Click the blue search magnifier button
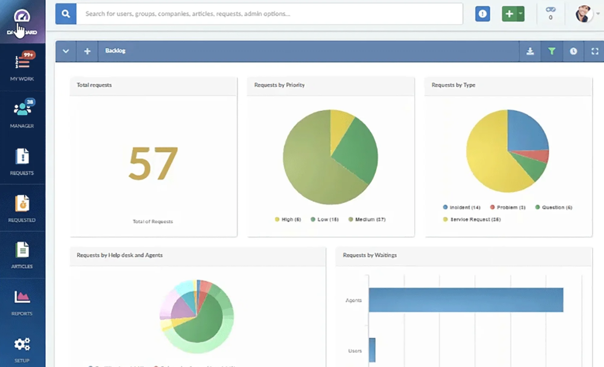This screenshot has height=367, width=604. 66,14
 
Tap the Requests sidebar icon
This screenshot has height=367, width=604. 22,157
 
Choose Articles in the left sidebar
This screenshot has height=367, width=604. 22,250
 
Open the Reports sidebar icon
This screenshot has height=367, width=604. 22,297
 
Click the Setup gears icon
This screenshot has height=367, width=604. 22,344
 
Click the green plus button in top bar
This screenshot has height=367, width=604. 509,14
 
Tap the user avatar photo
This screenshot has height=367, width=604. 584,14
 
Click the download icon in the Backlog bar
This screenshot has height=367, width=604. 530,51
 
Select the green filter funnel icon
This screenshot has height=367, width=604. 552,51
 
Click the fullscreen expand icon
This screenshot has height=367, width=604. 595,51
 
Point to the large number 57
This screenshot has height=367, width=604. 153,164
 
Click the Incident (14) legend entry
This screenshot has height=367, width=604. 462,208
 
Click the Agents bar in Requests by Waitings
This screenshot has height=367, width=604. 466,300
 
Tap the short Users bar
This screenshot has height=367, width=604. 372,350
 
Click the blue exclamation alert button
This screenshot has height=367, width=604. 482,14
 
